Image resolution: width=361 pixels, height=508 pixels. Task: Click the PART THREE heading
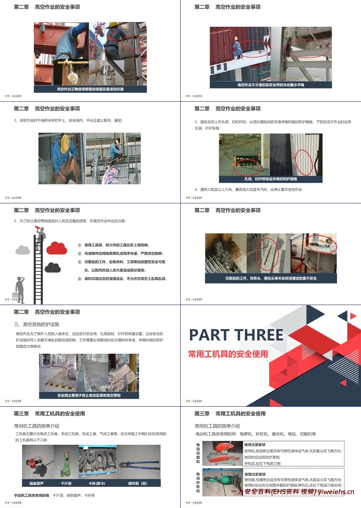click(236, 335)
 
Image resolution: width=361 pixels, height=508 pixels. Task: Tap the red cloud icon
click(57, 248)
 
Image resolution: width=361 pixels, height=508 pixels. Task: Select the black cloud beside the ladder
click(53, 268)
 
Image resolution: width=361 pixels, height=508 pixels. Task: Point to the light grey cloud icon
click(23, 250)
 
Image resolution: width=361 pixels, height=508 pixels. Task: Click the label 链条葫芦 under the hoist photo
click(37, 483)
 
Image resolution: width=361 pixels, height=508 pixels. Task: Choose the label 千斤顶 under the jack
click(66, 483)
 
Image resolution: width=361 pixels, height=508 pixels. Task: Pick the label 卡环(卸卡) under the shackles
click(97, 483)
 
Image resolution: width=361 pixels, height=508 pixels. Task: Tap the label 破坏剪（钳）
click(138, 483)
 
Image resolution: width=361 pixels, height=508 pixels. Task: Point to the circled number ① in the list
click(79, 245)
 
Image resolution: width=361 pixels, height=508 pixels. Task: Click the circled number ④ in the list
click(79, 279)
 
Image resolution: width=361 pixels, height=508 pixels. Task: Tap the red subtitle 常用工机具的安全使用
click(228, 354)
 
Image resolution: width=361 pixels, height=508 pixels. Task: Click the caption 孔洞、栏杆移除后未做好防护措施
click(271, 179)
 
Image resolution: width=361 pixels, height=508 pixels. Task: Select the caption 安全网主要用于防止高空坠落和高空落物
click(89, 395)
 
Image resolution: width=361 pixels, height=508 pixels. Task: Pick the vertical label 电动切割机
click(198, 453)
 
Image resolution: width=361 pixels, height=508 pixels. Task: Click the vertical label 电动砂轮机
click(198, 482)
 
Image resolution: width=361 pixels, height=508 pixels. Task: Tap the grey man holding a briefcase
click(20, 289)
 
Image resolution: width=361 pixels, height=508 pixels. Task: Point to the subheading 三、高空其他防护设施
click(37, 324)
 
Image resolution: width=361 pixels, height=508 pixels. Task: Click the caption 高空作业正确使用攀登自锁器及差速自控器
click(90, 89)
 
